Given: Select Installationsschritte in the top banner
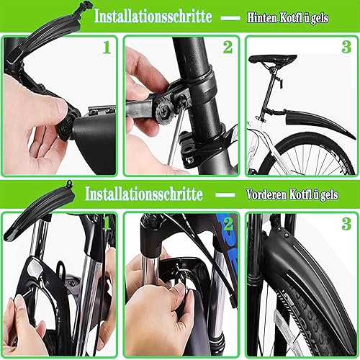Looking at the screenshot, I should click(x=153, y=16).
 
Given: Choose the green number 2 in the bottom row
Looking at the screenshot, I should click(x=228, y=225).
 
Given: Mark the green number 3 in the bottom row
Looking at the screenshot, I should click(x=346, y=225).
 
